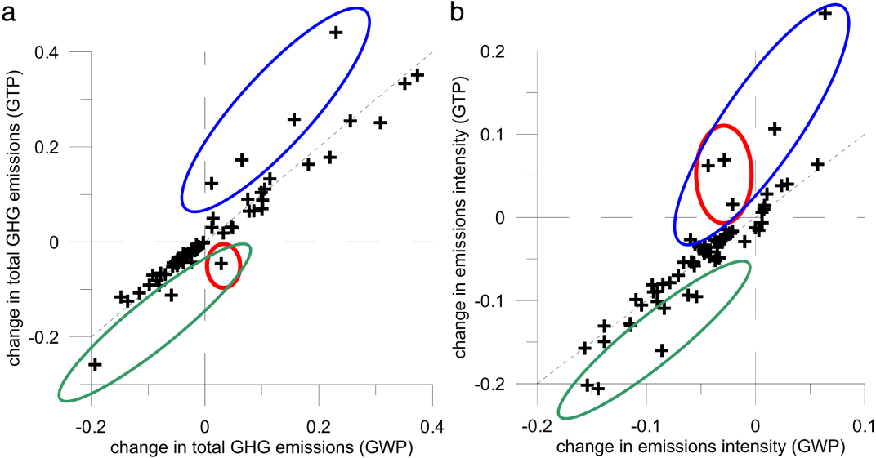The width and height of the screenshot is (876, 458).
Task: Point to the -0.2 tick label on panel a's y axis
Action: (x=52, y=336)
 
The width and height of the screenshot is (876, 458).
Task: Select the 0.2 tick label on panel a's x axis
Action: (x=318, y=427)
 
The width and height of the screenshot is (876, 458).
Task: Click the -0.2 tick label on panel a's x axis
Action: (x=87, y=427)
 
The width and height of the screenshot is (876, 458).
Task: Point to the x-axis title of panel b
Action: (x=698, y=447)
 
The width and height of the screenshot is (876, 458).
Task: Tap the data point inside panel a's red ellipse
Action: (x=221, y=263)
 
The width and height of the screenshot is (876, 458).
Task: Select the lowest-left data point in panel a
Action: (x=95, y=364)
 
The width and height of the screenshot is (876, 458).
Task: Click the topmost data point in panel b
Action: (x=825, y=13)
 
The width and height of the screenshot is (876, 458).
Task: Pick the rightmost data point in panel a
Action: (x=418, y=75)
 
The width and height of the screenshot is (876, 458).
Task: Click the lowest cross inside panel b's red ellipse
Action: (x=732, y=203)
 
